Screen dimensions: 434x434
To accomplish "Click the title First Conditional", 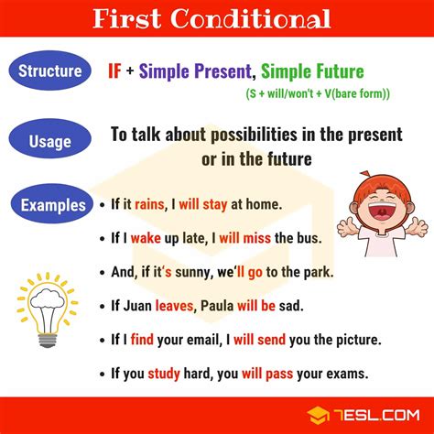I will [216, 18].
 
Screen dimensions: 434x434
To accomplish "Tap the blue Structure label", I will [58, 71].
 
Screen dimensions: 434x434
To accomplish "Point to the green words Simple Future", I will [312, 71].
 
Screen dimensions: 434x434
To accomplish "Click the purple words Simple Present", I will [200, 71].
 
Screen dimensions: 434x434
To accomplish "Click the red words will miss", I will [254, 239].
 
